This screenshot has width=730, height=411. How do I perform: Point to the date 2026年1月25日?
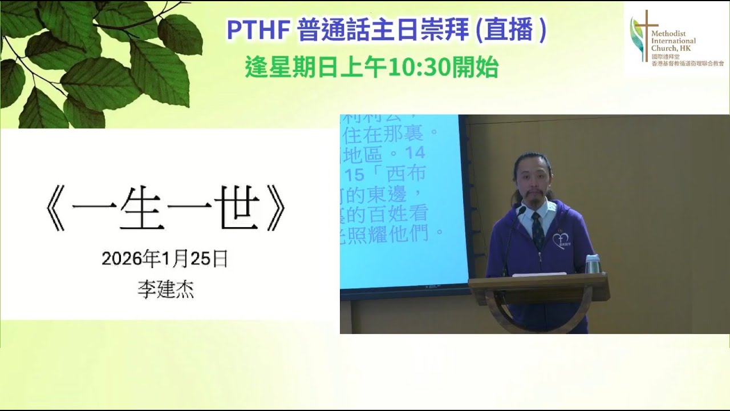[x=165, y=259]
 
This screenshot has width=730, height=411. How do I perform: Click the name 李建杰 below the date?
[x=165, y=290]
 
